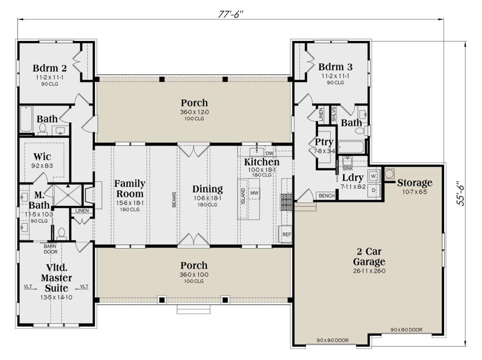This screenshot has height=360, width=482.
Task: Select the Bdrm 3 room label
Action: [x=335, y=66]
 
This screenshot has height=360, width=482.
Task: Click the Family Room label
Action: [x=130, y=188]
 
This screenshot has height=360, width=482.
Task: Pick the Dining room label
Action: [x=208, y=189]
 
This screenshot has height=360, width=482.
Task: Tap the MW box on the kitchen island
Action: [x=255, y=193]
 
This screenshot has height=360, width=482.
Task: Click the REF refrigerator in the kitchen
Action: [x=286, y=234]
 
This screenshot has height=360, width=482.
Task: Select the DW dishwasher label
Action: [x=270, y=153]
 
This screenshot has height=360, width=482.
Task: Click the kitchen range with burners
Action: [x=287, y=201]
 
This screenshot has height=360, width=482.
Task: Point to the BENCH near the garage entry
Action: [x=326, y=196]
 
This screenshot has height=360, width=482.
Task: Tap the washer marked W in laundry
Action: [x=374, y=176]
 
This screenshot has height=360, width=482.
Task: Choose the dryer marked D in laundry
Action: [x=374, y=190]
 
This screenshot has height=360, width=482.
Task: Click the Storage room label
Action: [x=414, y=183]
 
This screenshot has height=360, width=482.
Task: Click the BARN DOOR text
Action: [x=50, y=249]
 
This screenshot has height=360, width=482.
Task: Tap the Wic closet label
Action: [x=42, y=156]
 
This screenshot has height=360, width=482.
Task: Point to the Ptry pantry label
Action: [x=324, y=142]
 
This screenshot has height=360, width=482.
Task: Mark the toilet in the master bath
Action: [x=61, y=232]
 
